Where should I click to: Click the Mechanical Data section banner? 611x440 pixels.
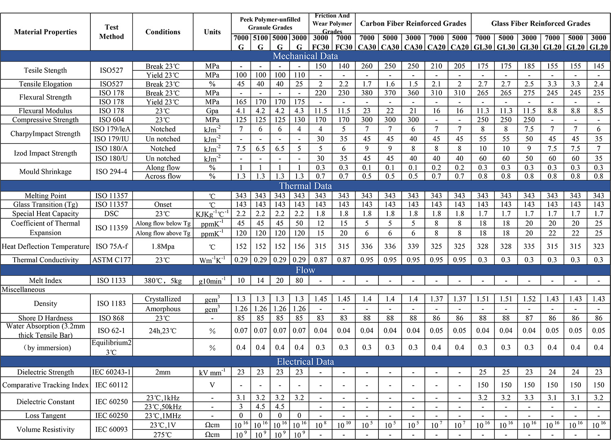click(305, 56)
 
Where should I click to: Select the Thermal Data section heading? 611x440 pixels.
click(305, 186)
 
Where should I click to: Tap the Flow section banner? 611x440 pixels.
click(305, 270)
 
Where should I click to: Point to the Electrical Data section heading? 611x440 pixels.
click(305, 362)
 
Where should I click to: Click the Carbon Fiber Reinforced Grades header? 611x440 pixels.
click(413, 24)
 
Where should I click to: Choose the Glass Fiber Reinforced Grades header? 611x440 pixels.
click(541, 24)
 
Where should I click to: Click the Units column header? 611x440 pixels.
click(212, 32)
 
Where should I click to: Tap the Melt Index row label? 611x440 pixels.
click(45, 280)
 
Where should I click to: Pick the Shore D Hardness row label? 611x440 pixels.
click(45, 318)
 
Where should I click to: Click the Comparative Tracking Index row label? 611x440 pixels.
click(45, 385)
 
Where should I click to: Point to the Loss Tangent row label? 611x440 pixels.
click(45, 416)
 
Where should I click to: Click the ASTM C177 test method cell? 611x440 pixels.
click(111, 260)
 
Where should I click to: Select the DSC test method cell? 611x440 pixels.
click(111, 213)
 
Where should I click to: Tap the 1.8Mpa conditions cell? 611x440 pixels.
click(163, 246)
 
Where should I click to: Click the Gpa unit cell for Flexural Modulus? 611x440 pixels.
click(212, 111)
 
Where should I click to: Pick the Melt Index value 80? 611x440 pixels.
click(299, 280)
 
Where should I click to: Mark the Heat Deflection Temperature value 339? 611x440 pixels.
click(413, 246)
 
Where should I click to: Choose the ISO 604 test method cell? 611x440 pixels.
click(111, 120)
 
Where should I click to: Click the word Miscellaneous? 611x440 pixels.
click(24, 290)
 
